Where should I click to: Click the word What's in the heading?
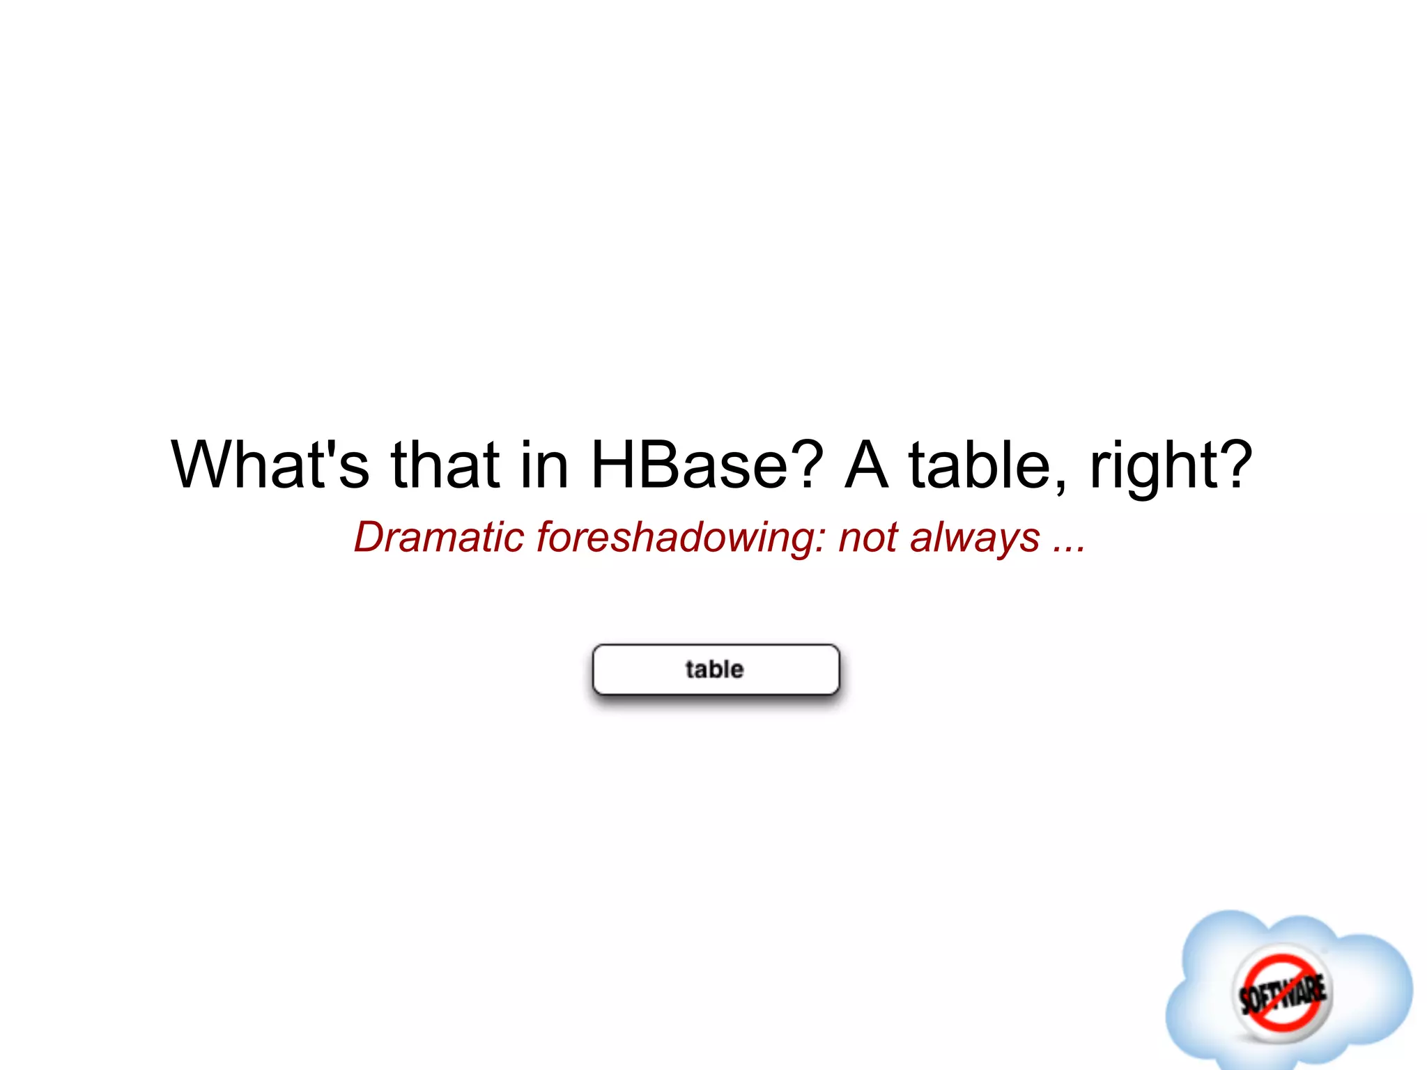coord(270,464)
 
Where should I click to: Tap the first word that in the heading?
coord(445,464)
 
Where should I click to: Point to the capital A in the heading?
coord(866,464)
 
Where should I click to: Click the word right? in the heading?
coord(1171,465)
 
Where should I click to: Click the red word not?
coord(868,538)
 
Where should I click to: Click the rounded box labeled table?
coord(716,669)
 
